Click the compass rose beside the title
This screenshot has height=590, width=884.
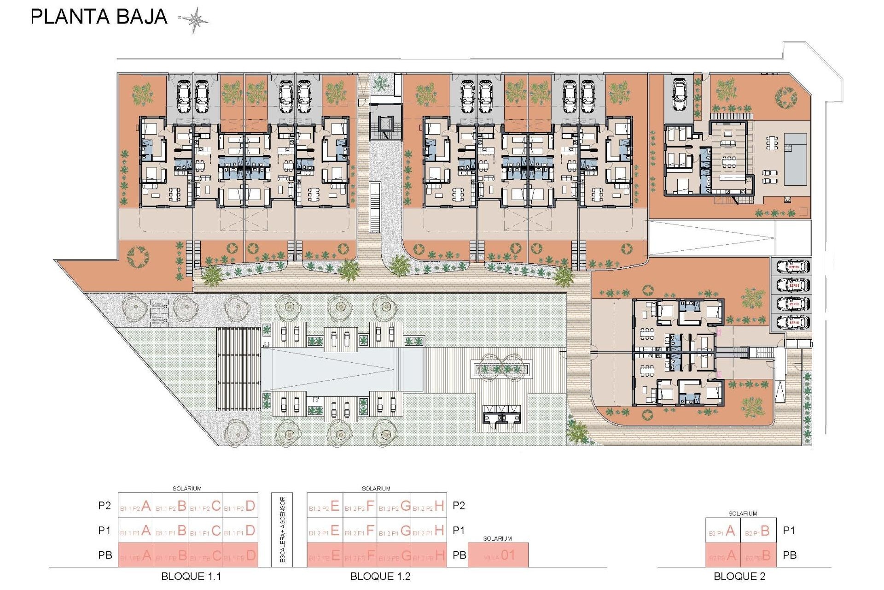194,20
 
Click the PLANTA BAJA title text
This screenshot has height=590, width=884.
99,17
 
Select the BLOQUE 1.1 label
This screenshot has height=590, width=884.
191,576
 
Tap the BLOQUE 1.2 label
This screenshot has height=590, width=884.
380,576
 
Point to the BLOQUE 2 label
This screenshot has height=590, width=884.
739,576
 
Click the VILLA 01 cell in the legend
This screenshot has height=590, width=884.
498,555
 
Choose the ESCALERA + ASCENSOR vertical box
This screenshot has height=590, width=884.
283,530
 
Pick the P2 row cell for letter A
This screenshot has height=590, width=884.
136,506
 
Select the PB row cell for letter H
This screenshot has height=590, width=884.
429,555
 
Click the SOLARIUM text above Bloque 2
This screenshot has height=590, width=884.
742,513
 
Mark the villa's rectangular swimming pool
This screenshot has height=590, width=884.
795,159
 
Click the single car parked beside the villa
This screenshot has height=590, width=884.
680,94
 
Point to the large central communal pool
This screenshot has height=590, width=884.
342,369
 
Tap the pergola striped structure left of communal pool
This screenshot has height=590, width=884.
238,369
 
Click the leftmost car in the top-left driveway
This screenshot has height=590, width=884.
183,97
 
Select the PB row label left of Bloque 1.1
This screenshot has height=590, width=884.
105,555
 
